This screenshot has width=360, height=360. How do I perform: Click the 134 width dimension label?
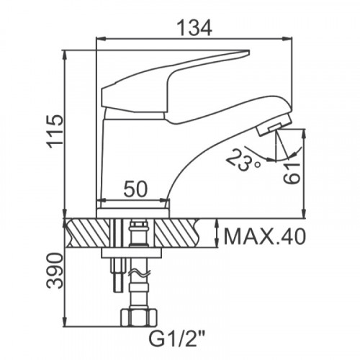pyautogui.click(x=194, y=28)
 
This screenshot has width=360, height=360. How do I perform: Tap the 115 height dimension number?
pyautogui.click(x=55, y=132)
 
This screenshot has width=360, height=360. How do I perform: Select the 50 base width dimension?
pyautogui.click(x=135, y=189)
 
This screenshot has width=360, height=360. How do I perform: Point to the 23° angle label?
pyautogui.click(x=242, y=161)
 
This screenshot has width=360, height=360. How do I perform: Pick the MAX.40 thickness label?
pyautogui.click(x=265, y=237)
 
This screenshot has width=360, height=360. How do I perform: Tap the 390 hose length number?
pyautogui.click(x=55, y=271)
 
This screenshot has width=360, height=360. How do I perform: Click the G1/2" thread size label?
pyautogui.click(x=177, y=338)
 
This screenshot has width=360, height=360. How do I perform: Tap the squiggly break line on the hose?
pyautogui.click(x=139, y=274)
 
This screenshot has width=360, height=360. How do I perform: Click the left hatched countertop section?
pyautogui.click(x=88, y=233)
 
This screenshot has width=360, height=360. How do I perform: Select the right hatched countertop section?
pyautogui.click(x=177, y=233)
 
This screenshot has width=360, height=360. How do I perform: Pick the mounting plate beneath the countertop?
pyautogui.click(x=131, y=253)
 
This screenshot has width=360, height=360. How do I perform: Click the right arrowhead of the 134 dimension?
pyautogui.click(x=287, y=38)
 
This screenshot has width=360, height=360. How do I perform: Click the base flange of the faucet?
pyautogui.click(x=133, y=213)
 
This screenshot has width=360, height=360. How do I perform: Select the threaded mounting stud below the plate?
pyautogui.click(x=118, y=275)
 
